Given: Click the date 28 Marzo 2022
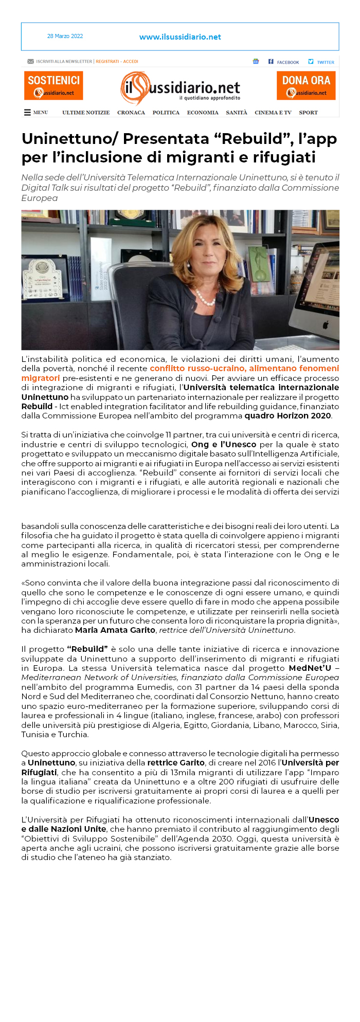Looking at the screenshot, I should pos(65,36).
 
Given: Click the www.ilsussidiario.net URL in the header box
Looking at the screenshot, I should pos(180,37).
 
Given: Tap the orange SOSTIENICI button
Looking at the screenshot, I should pos(53,85).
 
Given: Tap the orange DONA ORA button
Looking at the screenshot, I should pos(306,85).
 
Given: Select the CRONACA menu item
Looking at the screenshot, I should pos(131,113).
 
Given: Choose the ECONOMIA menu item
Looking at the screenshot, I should pos(203,113).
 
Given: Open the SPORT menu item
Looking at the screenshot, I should pos(308,113).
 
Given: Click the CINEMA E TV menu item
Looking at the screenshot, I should pos(273,113).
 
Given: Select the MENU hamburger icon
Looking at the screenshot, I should pos(28,113).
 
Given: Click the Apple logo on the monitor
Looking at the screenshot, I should pos(325,325).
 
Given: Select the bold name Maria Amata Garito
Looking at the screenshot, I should pos(115,630).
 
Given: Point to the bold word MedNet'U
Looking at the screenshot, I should pos(310,668).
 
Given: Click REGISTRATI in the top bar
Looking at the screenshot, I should pos(107,62).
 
